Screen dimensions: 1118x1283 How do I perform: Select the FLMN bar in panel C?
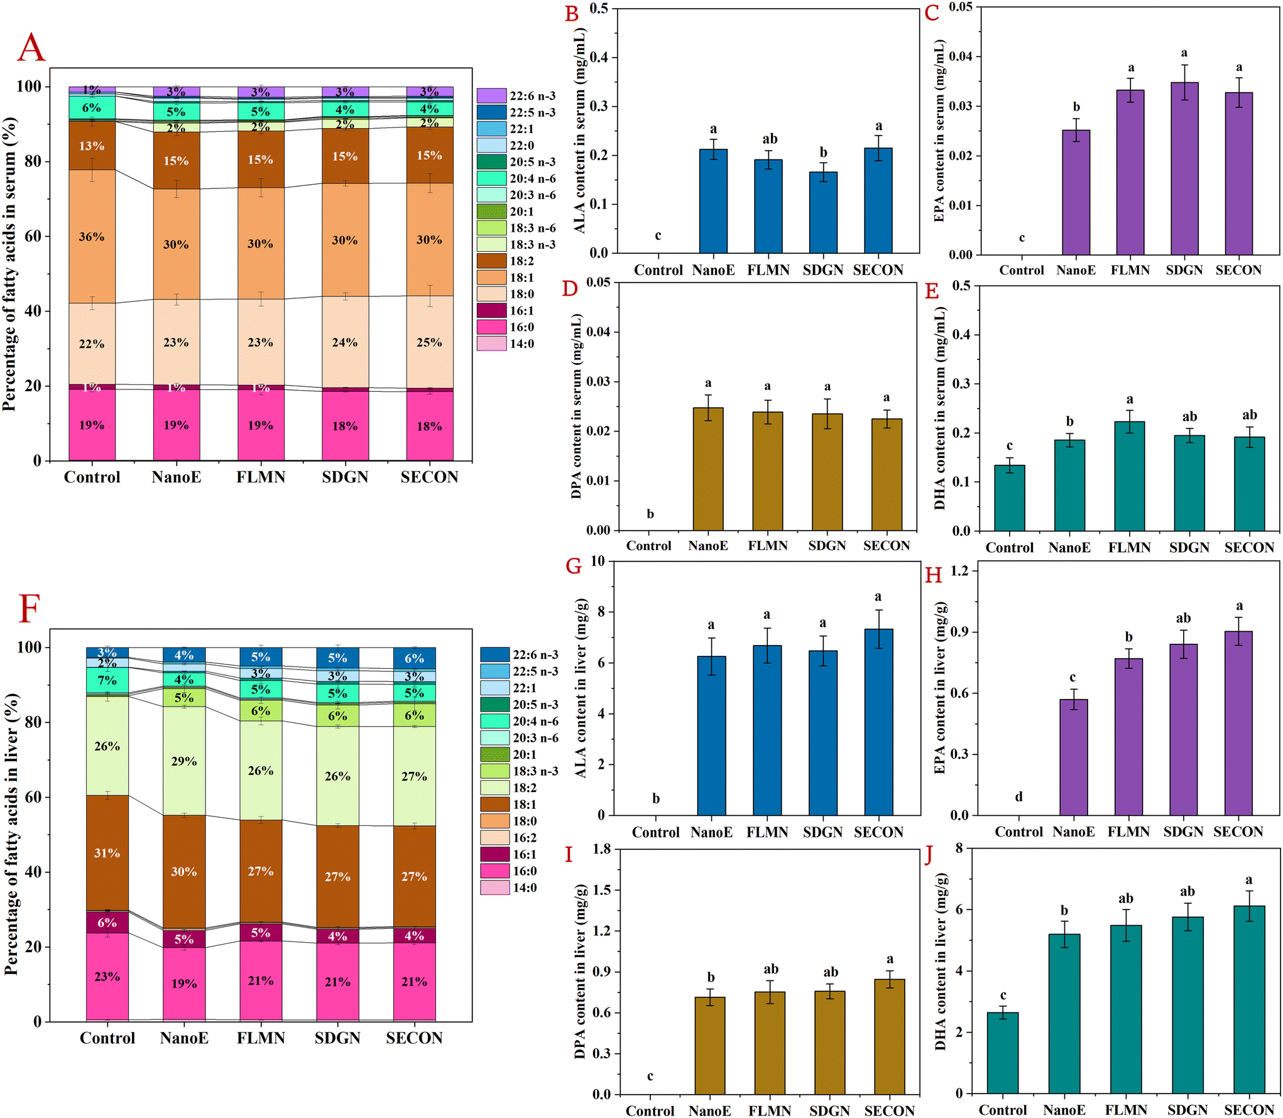click(x=1130, y=172)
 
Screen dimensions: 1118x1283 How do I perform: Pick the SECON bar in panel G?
click(x=878, y=722)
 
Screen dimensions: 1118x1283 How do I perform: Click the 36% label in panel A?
click(x=92, y=237)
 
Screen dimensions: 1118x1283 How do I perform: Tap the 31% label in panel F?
click(x=107, y=853)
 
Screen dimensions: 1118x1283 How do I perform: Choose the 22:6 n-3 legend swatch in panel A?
click(x=491, y=95)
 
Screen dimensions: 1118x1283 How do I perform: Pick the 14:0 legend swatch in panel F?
click(x=494, y=887)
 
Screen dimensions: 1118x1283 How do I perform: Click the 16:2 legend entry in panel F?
click(x=525, y=838)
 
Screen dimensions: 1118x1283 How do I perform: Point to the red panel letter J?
click(x=929, y=855)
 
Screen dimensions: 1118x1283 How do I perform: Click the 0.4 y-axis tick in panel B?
click(x=599, y=58)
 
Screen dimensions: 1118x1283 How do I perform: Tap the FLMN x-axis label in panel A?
click(x=261, y=477)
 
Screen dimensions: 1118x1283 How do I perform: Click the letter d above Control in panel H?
click(x=1018, y=797)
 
